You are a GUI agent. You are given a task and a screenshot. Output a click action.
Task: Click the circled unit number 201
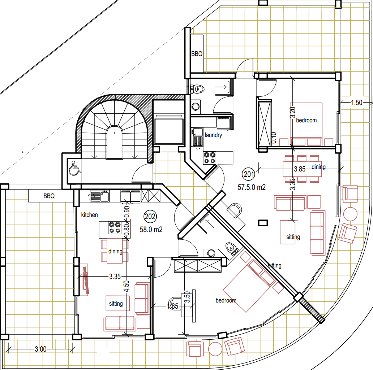(x=249, y=174)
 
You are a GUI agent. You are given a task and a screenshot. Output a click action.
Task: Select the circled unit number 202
(x=150, y=217)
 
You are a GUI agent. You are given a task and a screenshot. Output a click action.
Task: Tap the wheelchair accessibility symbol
(x=74, y=168)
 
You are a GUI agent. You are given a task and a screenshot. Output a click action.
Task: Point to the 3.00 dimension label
(x=40, y=349)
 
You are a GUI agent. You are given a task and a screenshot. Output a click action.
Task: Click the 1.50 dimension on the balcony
(x=356, y=103)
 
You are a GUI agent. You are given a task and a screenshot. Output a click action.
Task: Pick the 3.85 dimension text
(x=300, y=169)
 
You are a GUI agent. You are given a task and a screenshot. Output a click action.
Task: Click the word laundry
(x=213, y=135)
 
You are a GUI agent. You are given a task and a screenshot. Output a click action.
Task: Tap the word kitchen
(x=89, y=215)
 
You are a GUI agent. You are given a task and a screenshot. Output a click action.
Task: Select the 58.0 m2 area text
(x=151, y=230)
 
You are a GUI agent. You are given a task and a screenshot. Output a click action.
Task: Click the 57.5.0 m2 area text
(x=252, y=187)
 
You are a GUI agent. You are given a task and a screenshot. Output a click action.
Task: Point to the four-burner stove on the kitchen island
(x=115, y=228)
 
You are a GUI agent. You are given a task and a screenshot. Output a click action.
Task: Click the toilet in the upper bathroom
(x=198, y=89)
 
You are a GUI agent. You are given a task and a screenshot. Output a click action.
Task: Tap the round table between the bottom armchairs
(x=215, y=349)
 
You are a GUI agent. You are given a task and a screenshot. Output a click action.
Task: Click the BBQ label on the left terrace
(x=49, y=196)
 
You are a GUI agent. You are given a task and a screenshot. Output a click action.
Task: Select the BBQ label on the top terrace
(x=197, y=54)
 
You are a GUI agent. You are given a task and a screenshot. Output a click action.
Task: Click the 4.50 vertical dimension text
(x=126, y=286)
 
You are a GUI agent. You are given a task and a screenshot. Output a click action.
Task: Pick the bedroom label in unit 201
(x=306, y=120)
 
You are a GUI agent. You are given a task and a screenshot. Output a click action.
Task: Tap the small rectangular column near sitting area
(x=263, y=223)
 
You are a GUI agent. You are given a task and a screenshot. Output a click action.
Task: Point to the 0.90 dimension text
(x=127, y=212)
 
